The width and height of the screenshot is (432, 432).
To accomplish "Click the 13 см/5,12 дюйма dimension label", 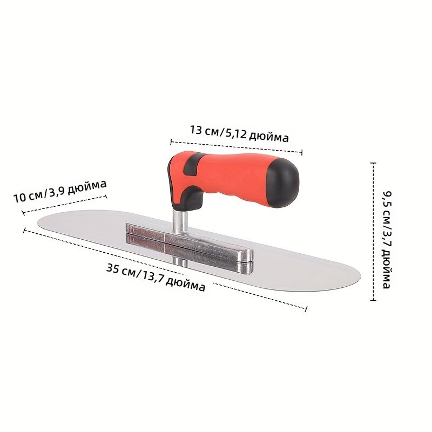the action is point(239,133).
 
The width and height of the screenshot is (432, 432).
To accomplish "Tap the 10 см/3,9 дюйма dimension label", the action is point(60,191).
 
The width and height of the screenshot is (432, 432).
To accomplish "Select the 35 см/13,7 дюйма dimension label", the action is point(156,277).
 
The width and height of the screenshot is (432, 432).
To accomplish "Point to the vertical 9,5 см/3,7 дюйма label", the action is point(387,240).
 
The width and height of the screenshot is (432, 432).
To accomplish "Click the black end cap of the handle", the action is point(284,183).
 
